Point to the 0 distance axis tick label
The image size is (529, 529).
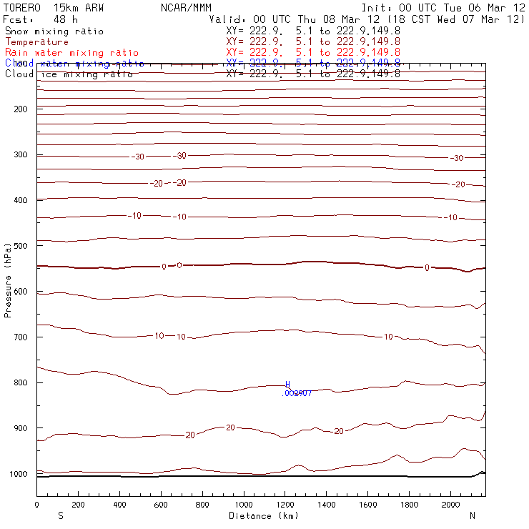click(36, 505)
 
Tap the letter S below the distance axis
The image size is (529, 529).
click(60, 515)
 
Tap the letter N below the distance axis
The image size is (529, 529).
click(472, 515)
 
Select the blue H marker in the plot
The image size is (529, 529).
click(288, 385)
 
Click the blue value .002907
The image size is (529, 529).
click(297, 393)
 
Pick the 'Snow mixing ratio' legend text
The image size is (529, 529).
click(54, 31)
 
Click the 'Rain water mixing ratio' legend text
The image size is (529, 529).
click(71, 53)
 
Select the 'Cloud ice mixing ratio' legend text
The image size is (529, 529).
click(69, 74)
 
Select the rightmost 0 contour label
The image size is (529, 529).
click(427, 268)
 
